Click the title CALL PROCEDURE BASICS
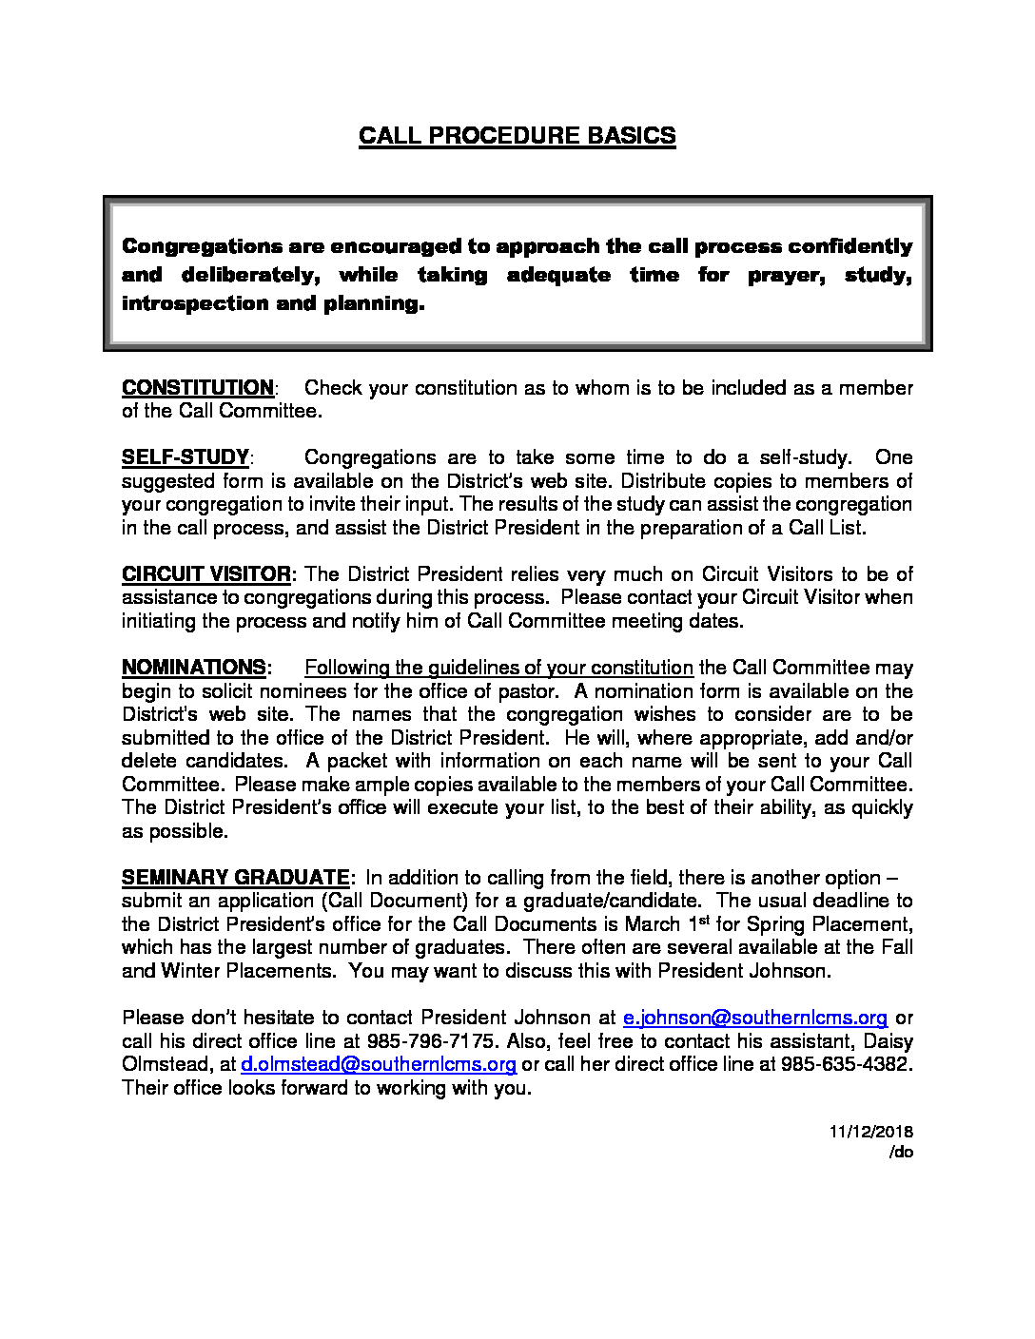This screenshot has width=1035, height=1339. (517, 136)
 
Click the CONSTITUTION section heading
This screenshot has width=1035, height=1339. (198, 388)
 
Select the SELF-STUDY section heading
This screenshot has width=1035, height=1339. (186, 457)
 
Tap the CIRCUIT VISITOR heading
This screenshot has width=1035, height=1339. (206, 574)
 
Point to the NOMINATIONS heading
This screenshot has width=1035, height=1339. (194, 668)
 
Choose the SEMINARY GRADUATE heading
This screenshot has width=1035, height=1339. (236, 878)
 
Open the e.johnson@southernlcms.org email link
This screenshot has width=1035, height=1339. (754, 1018)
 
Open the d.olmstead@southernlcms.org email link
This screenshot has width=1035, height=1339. (379, 1064)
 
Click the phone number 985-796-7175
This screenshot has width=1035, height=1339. (431, 1041)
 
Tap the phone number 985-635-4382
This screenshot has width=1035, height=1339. (845, 1064)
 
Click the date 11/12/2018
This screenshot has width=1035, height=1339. (870, 1132)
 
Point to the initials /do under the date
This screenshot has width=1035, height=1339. (901, 1152)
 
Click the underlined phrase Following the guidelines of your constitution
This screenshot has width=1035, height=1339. (498, 668)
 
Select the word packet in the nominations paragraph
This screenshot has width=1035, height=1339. (358, 761)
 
